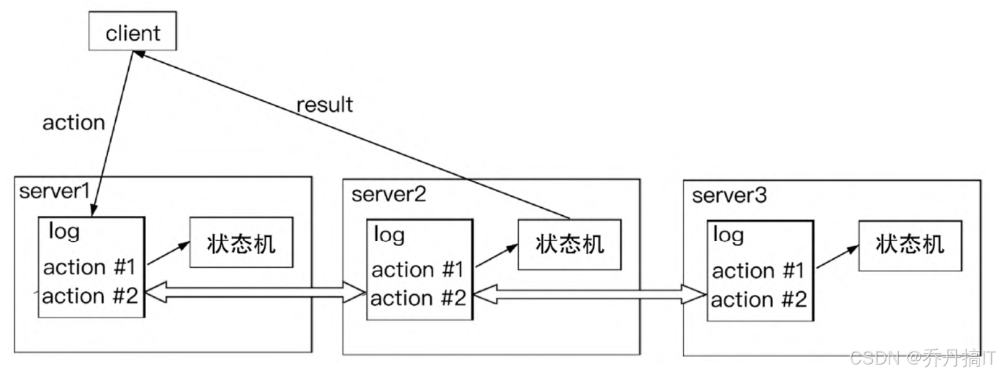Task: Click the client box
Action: (132, 31)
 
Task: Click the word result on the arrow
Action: (325, 105)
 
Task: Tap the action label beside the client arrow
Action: (73, 123)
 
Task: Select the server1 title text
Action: (55, 191)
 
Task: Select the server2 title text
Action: (389, 194)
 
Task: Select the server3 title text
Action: (729, 196)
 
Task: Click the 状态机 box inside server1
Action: (241, 242)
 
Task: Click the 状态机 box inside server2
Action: (569, 244)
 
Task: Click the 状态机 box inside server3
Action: (910, 245)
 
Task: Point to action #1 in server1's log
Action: (89, 267)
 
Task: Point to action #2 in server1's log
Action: (90, 296)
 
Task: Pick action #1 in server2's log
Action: (418, 270)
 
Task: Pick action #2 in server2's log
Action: (418, 299)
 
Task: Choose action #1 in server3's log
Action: (758, 271)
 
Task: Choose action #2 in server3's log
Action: (759, 300)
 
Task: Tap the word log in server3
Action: (728, 235)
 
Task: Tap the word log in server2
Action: (389, 235)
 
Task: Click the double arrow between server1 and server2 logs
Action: (254, 292)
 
